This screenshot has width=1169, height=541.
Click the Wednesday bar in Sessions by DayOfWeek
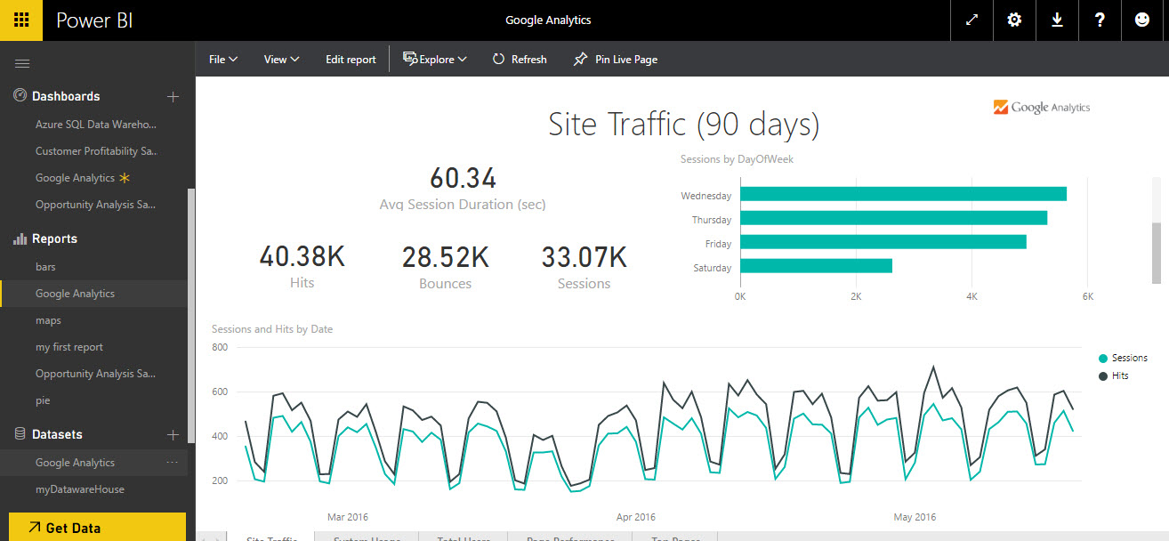point(902,194)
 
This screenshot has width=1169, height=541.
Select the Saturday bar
point(815,266)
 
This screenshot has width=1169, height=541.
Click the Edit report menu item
point(351,60)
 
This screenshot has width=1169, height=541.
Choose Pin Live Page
point(616,60)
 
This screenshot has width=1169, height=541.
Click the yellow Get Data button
point(97,527)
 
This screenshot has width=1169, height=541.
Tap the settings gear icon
point(1014,20)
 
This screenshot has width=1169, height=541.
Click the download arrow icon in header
point(1057,20)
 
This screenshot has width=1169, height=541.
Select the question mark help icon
point(1100,20)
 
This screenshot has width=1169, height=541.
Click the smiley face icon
point(1142,20)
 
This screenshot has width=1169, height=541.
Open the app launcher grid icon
point(21,20)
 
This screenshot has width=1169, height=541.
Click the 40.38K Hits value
point(302,257)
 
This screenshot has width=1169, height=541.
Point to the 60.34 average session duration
point(463,178)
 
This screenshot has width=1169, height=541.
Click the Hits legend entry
point(1118,375)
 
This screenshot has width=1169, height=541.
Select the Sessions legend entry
point(1128,358)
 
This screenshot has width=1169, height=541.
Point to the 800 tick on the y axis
point(219,347)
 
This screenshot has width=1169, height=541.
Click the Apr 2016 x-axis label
point(635,517)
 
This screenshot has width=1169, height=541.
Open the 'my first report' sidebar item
point(69,347)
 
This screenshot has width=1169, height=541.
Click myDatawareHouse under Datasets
point(80,489)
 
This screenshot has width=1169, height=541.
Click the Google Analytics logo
point(1041,108)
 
